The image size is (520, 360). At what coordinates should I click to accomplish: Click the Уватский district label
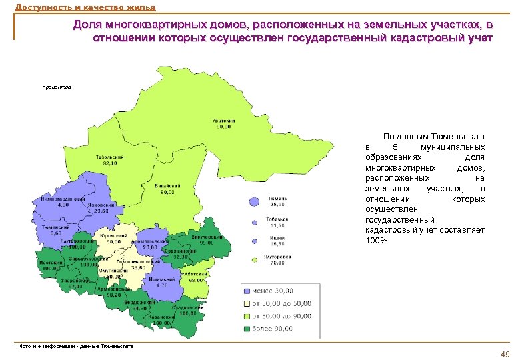pyautogui.click(x=222, y=123)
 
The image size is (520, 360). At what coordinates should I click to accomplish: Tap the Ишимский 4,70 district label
pyautogui.click(x=157, y=282)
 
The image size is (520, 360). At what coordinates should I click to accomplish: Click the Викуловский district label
pyautogui.click(x=204, y=239)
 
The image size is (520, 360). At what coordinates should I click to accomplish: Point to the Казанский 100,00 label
pyautogui.click(x=162, y=320)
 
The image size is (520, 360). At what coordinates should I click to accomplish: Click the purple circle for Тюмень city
pyautogui.click(x=254, y=201)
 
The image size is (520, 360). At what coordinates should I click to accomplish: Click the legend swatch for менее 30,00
pyautogui.click(x=247, y=291)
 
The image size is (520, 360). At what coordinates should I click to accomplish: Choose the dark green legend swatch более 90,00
pyautogui.click(x=247, y=329)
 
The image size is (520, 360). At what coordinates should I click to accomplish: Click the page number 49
pyautogui.click(x=505, y=354)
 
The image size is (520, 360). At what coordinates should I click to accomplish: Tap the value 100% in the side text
pyautogui.click(x=377, y=240)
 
